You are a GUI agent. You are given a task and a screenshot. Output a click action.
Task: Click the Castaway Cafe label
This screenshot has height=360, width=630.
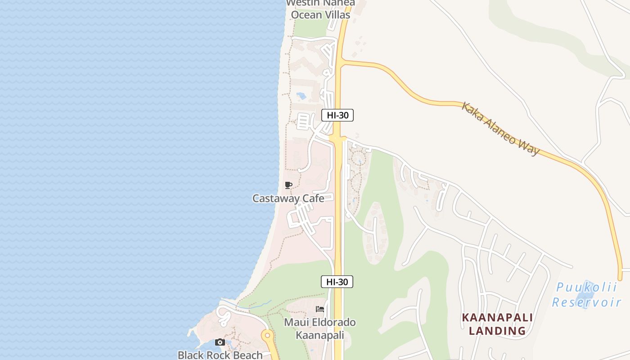click(288, 198)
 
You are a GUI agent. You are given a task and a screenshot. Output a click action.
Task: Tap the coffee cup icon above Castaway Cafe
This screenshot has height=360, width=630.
click(288, 185)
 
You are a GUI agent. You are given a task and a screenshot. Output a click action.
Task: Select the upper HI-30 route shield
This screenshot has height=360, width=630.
click(337, 115)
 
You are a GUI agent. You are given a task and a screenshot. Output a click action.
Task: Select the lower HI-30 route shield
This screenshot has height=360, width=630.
click(337, 282)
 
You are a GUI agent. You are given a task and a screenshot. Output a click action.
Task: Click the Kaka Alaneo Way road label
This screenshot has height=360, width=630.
click(500, 129)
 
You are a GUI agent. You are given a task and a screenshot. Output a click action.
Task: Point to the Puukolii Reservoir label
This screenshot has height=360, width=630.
click(586, 294)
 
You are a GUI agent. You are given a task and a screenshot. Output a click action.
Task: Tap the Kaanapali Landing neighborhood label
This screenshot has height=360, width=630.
click(497, 324)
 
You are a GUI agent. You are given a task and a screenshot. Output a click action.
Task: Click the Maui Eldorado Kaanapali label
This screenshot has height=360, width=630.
click(319, 328)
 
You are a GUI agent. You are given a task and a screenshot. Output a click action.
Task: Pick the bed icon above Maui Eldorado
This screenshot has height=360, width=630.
click(320, 309)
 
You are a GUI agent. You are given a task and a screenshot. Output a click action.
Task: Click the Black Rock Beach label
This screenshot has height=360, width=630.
click(220, 355)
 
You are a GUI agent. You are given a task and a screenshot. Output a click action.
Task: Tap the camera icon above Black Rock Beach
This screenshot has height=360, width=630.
click(220, 342)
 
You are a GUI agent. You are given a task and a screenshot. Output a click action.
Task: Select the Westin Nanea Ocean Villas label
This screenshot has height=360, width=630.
click(320, 9)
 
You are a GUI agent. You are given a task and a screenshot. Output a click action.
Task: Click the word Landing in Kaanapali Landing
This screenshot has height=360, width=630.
click(497, 331)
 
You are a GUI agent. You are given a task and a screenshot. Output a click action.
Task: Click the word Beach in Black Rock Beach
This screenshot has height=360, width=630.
click(248, 355)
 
